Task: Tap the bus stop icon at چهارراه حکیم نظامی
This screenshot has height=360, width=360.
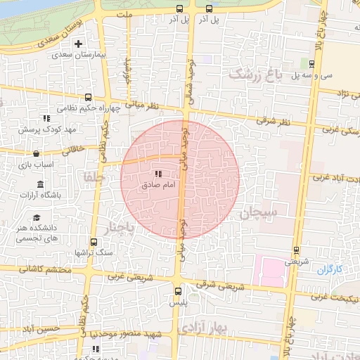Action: click(x=88, y=98)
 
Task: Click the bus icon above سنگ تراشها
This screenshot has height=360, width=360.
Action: click(x=91, y=241)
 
